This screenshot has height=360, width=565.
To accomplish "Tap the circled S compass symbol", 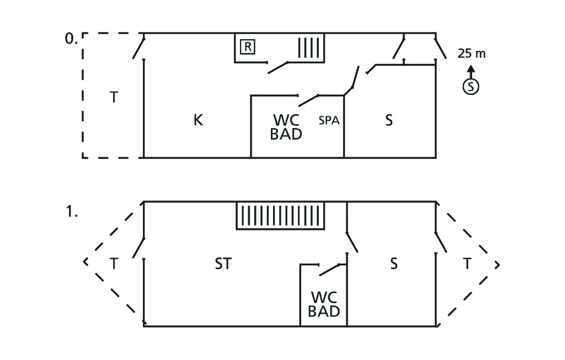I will tap(471, 86).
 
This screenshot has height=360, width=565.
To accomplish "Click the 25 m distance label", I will tap(471, 54).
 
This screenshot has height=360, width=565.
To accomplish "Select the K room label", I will tap(198, 120).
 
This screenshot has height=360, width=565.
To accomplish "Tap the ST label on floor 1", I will tap(223, 264).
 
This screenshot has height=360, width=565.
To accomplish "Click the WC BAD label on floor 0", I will tap(286, 126).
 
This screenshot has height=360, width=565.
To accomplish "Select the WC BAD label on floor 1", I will tap(324, 304).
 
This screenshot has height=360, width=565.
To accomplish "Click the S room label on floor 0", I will tap(389, 120).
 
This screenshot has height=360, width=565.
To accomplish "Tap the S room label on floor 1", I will tap(393, 264).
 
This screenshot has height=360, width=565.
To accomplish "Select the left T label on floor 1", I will tap(113, 264).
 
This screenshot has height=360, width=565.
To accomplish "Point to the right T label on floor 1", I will tap(467, 264).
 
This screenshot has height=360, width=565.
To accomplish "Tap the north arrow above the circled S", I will tap(471, 71).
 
